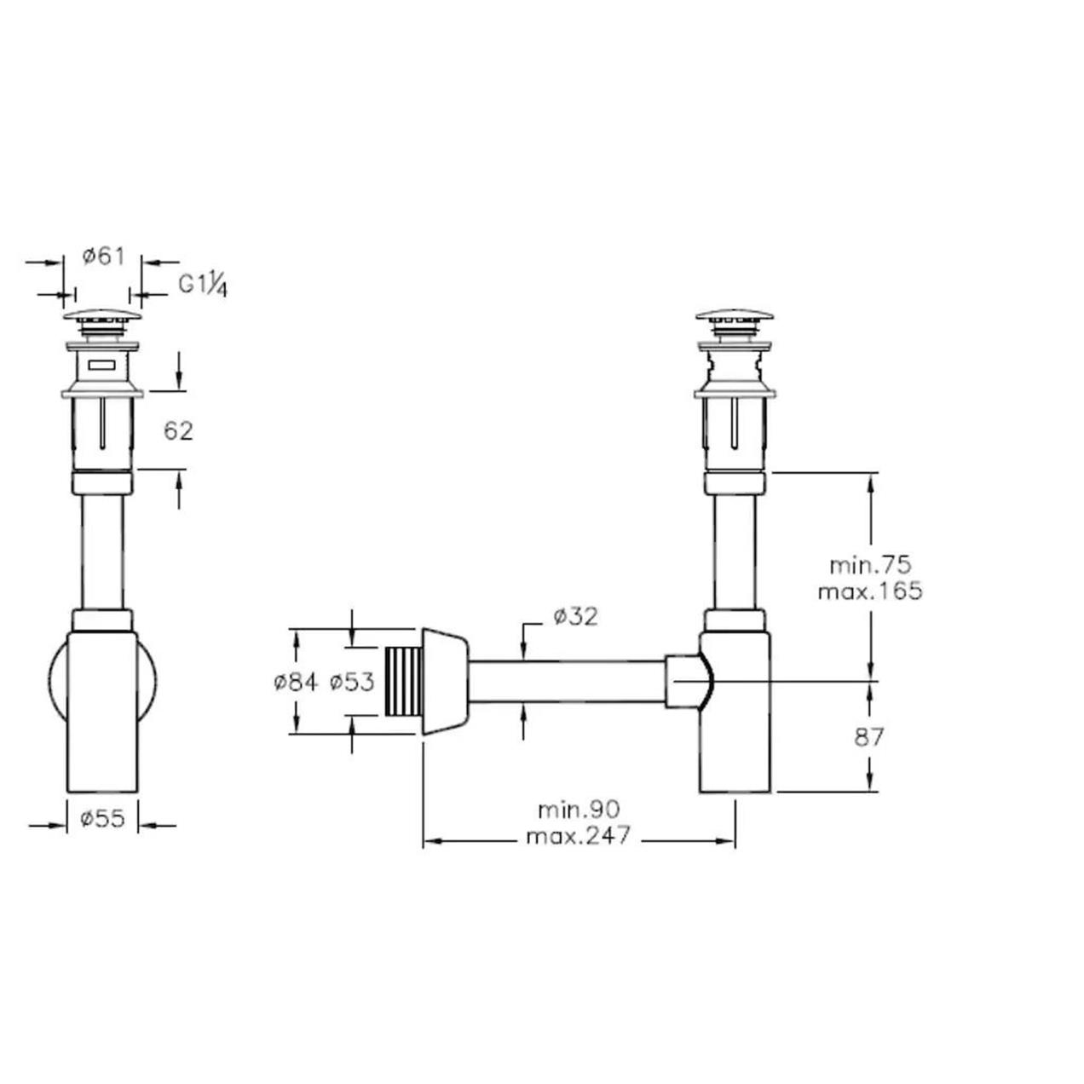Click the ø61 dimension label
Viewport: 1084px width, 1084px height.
[103, 257]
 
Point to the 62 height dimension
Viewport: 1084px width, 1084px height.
[178, 431]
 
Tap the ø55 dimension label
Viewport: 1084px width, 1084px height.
[102, 818]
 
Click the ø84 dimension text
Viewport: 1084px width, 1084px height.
[296, 683]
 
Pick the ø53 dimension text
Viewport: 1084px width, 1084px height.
[352, 683]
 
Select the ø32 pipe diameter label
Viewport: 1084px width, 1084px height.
[575, 617]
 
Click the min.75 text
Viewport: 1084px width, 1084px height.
[870, 564]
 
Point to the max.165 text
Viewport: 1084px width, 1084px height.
[870, 591]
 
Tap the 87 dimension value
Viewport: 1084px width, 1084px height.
[869, 737]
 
